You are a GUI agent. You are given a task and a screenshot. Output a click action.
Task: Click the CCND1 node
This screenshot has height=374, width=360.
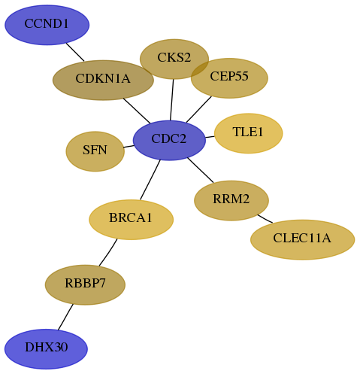point(47,25)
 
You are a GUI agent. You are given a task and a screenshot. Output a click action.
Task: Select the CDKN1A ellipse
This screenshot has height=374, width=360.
point(103,80)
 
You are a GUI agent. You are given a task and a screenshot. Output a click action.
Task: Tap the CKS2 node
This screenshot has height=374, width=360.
point(174,59)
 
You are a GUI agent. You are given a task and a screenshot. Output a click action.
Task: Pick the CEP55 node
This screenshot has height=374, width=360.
point(229,78)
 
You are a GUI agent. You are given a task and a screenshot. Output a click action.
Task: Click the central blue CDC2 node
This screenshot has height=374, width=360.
point(169,140)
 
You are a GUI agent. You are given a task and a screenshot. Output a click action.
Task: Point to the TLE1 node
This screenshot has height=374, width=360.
point(249,133)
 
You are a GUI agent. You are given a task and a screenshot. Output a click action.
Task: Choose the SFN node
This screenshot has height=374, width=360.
point(95,151)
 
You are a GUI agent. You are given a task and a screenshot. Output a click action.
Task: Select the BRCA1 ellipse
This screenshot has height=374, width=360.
point(132,220)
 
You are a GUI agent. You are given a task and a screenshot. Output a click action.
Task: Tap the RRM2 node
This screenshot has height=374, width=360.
point(231,200)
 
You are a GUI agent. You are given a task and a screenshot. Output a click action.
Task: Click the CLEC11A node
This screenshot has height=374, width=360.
point(303,239)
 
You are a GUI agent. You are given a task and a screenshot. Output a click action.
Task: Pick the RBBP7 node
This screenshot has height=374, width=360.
point(85,284)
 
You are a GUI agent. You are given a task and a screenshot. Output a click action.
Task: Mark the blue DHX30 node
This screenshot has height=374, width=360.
point(46,349)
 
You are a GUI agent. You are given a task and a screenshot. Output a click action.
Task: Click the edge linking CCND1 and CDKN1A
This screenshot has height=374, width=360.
point(75,52)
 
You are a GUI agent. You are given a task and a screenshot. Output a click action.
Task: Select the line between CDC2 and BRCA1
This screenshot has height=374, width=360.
point(150,180)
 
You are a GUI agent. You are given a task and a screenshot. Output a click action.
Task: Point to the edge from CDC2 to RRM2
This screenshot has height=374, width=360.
point(201,170)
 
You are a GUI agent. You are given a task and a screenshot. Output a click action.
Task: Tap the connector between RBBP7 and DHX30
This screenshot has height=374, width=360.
point(65,317)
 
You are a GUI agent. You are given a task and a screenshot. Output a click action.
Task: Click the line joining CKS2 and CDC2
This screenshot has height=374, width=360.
point(172,100)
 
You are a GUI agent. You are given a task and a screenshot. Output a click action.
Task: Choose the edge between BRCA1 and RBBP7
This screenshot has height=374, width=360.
point(108,252)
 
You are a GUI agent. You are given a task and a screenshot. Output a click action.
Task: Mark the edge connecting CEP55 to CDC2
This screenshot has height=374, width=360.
point(199,109)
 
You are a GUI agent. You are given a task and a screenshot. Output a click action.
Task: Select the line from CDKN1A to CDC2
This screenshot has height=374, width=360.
point(137,111)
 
